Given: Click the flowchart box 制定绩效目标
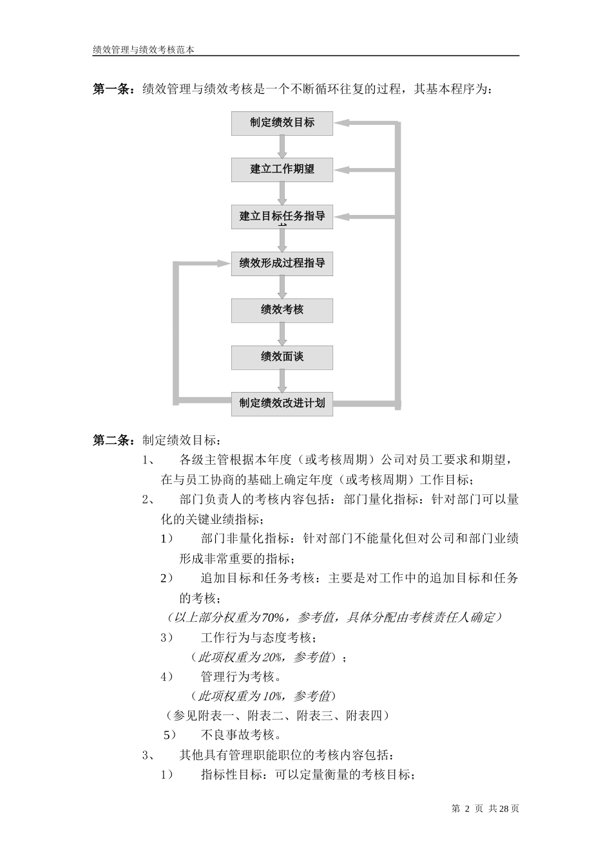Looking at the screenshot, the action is pyautogui.click(x=282, y=122).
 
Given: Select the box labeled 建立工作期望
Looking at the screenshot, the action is pyautogui.click(x=282, y=169).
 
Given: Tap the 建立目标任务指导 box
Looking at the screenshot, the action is pyautogui.click(x=282, y=216).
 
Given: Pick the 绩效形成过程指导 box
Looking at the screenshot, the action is pyautogui.click(x=282, y=263).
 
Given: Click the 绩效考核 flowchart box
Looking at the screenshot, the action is pyautogui.click(x=282, y=310).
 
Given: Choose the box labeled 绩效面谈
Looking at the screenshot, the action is pyautogui.click(x=282, y=357).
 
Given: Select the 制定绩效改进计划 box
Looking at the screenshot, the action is pyautogui.click(x=282, y=404).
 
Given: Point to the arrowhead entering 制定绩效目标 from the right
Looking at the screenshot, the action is pyautogui.click(x=341, y=122).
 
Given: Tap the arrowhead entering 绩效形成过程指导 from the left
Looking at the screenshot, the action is pyautogui.click(x=224, y=263).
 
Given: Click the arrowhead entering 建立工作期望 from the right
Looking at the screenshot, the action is pyautogui.click(x=341, y=169).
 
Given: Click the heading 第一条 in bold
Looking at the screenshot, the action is pyautogui.click(x=113, y=89).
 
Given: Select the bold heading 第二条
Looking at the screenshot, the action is pyautogui.click(x=113, y=441).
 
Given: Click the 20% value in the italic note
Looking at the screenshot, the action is pyautogui.click(x=273, y=658).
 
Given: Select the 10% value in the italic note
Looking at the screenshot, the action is pyautogui.click(x=273, y=696).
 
